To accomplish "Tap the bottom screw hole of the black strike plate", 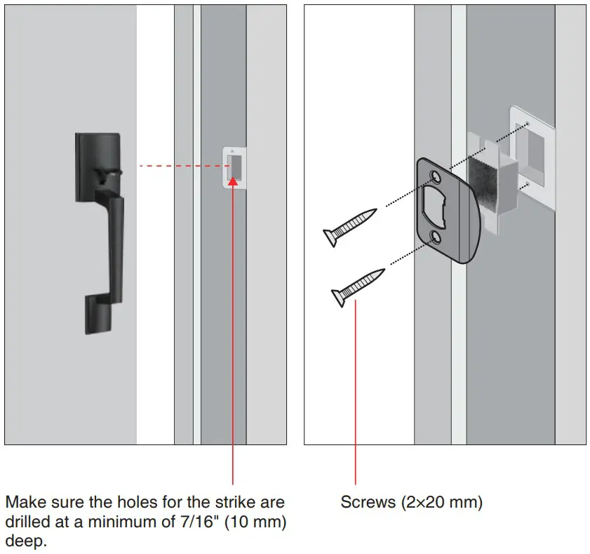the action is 440,237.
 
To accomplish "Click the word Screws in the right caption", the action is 366,503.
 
